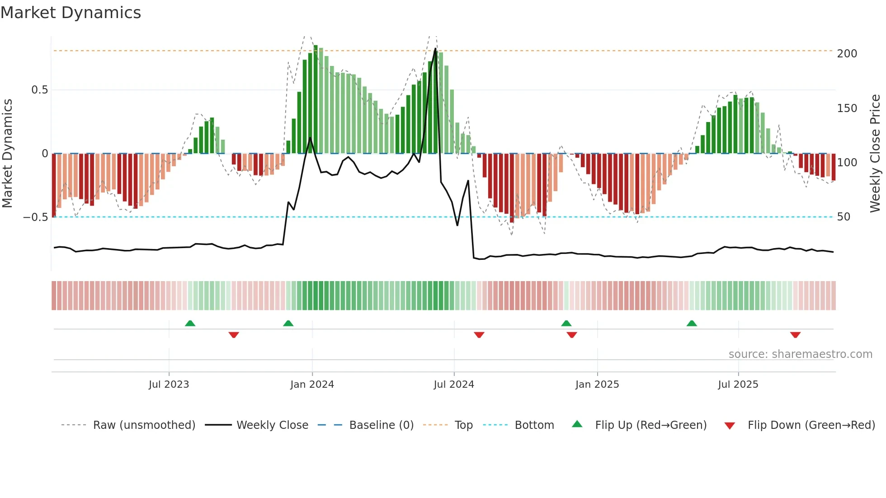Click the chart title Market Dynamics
71,13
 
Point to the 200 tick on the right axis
847,54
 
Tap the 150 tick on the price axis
847,108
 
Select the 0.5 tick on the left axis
39,90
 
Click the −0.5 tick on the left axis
35,217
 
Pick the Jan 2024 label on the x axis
312,385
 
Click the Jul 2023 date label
169,385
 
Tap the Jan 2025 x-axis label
597,385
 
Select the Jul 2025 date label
738,385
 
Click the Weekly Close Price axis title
875,154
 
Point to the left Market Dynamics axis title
7,154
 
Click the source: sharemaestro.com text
800,354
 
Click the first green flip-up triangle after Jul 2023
190,323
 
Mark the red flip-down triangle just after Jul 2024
479,335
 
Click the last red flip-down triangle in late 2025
795,335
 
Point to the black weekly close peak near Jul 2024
435,49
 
